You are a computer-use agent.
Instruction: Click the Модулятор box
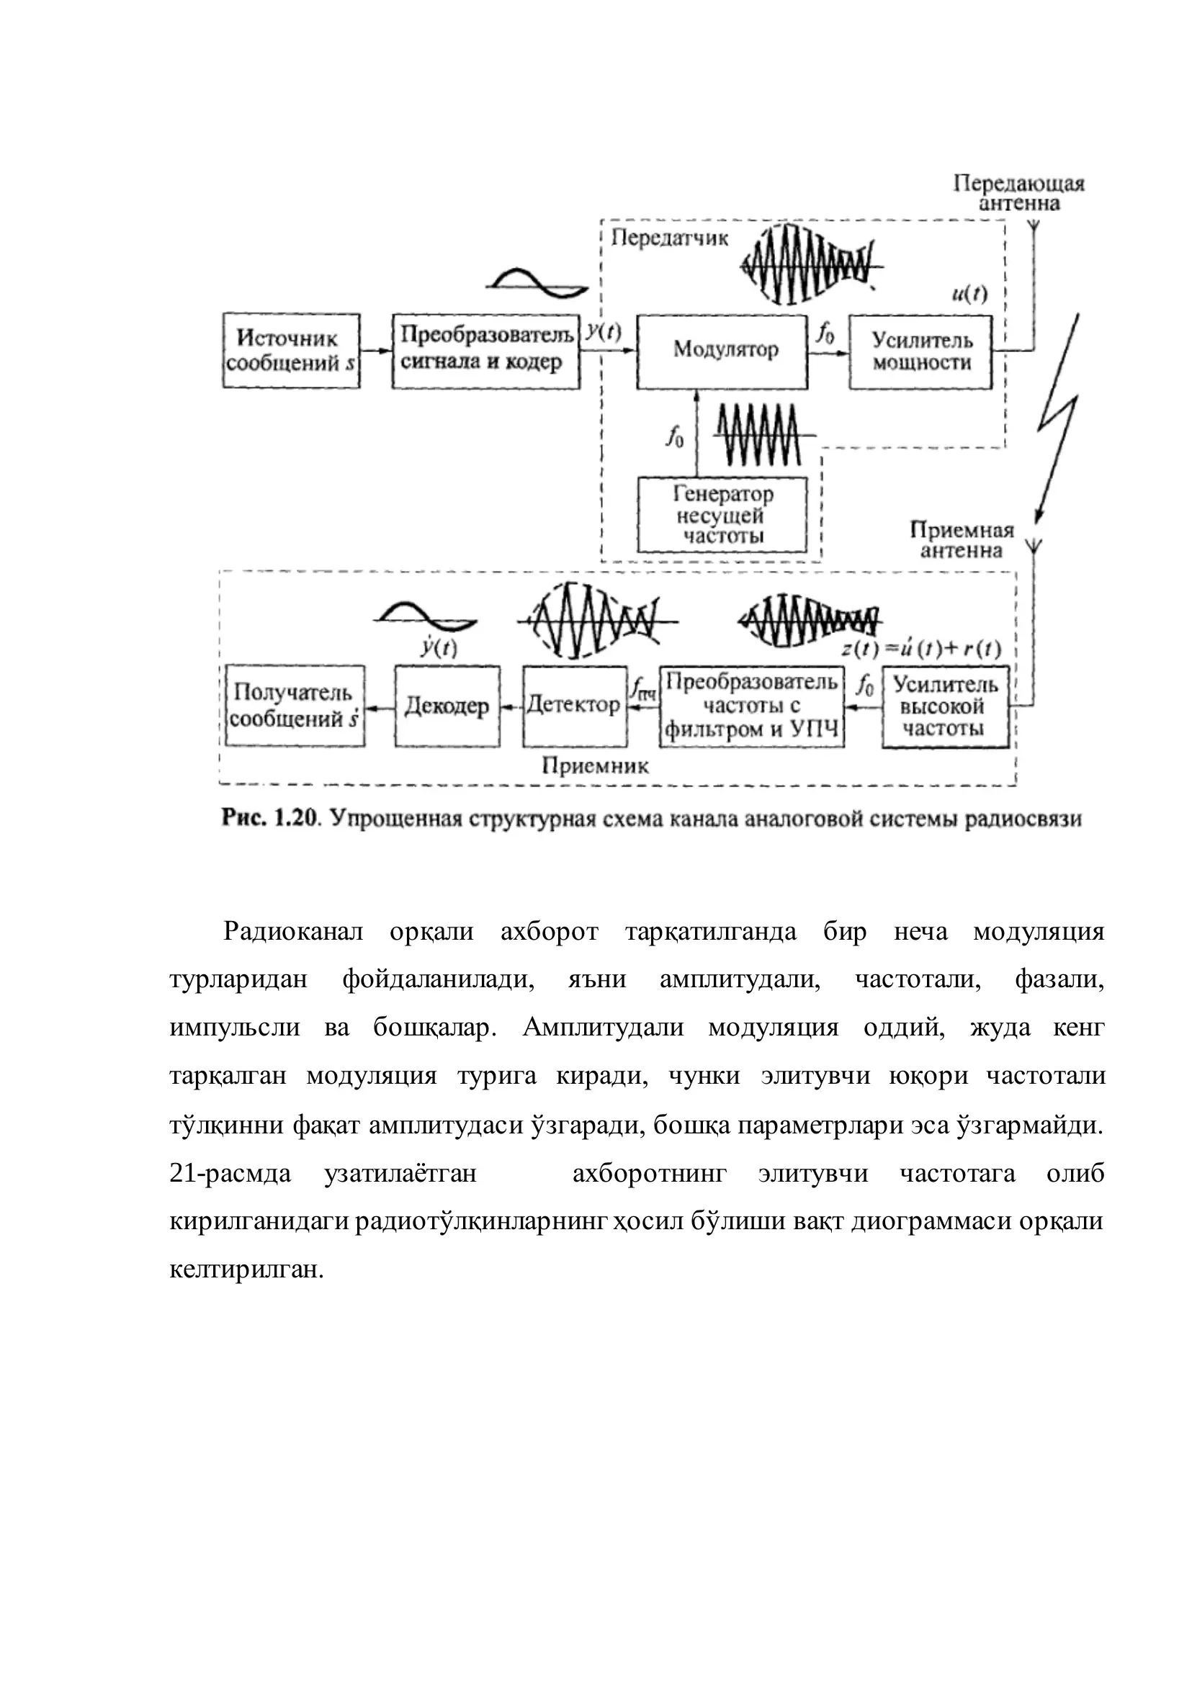[x=722, y=352]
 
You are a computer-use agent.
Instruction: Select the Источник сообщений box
[x=292, y=351]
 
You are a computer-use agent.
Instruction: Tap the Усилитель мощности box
[x=920, y=352]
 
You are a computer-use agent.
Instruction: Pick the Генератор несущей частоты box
[x=722, y=515]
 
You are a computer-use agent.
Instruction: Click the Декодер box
[x=447, y=706]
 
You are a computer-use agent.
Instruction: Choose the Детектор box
[x=575, y=706]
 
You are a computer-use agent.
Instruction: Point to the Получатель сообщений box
[x=295, y=706]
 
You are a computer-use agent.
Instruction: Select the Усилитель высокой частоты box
[x=946, y=706]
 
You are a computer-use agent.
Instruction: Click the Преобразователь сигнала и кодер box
[x=486, y=351]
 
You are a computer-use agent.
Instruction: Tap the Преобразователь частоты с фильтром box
[x=752, y=706]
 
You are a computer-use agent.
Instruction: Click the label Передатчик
[x=669, y=238]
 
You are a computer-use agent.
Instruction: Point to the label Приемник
[x=595, y=766]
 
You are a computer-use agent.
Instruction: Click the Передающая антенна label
[x=1018, y=193]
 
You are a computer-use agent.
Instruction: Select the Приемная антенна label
[x=962, y=540]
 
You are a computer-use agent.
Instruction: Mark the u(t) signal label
[x=969, y=295]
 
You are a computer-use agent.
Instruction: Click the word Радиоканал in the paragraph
[x=294, y=932]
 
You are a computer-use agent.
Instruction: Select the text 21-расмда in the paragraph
[x=230, y=1174]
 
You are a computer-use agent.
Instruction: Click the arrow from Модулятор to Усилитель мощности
[x=829, y=352]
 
